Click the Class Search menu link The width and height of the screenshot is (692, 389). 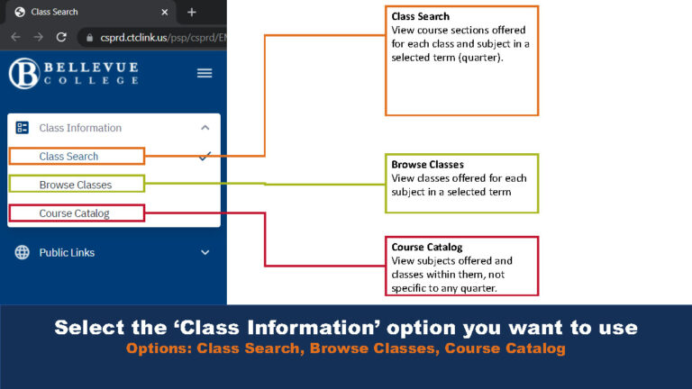[x=68, y=157]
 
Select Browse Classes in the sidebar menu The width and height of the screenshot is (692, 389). [x=76, y=185]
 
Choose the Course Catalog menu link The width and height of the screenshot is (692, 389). [x=74, y=213]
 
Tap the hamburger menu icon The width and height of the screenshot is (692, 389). [x=205, y=73]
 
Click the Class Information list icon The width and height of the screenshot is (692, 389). [x=23, y=128]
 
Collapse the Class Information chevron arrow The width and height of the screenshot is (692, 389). [x=205, y=128]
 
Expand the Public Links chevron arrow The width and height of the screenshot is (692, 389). [x=205, y=253]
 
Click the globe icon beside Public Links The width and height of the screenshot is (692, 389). [x=23, y=253]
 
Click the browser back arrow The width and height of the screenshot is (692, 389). [x=15, y=37]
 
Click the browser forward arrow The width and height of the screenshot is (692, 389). [x=38, y=37]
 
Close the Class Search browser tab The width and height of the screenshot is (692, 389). [x=166, y=12]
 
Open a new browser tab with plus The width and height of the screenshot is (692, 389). [x=191, y=12]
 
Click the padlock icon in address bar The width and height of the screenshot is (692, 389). [x=87, y=37]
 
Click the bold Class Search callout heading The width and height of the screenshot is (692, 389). [x=420, y=17]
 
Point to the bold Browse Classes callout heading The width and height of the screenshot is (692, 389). [x=427, y=165]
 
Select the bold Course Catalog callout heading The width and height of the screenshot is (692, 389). [x=426, y=248]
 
